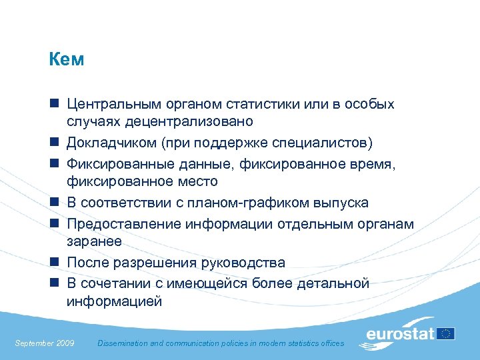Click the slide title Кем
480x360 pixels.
67,60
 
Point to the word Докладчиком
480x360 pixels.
111,143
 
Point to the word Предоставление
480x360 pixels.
121,224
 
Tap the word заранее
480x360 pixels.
95,241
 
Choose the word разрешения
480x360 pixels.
154,263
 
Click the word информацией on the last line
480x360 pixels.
114,301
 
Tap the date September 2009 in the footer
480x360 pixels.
45,343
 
